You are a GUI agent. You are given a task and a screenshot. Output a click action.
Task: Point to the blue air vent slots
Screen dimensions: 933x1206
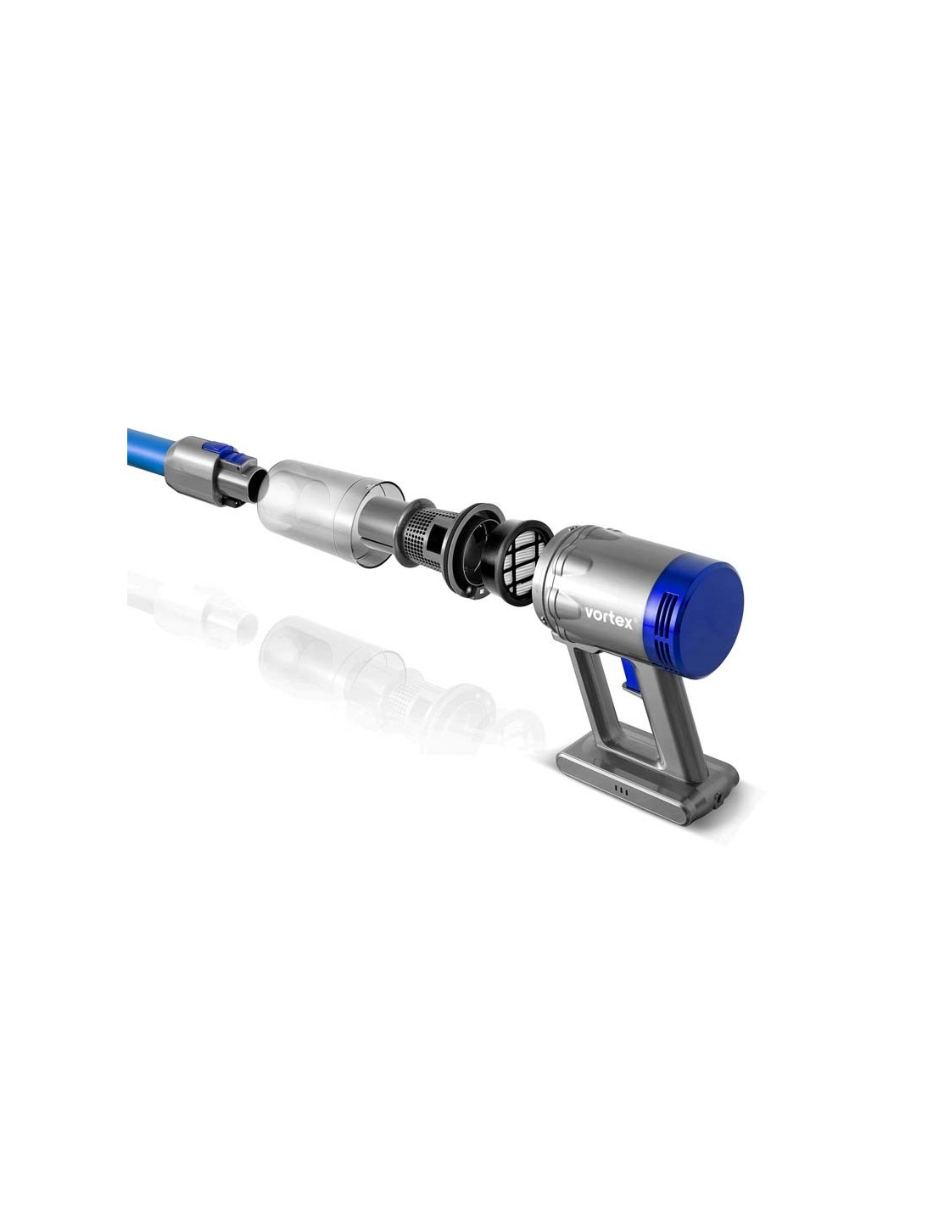(x=667, y=629)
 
